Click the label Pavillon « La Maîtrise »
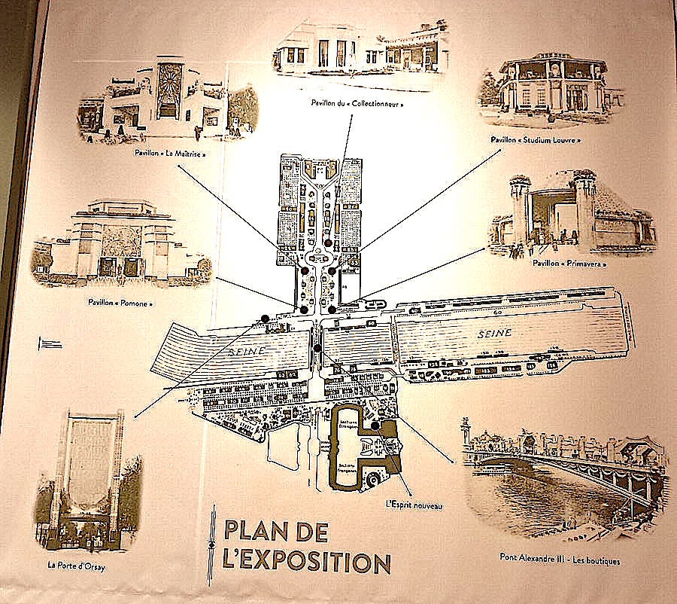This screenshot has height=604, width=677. (x=169, y=153)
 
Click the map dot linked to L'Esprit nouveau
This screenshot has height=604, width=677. (x=374, y=426)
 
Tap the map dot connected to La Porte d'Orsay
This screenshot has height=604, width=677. (x=265, y=318)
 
